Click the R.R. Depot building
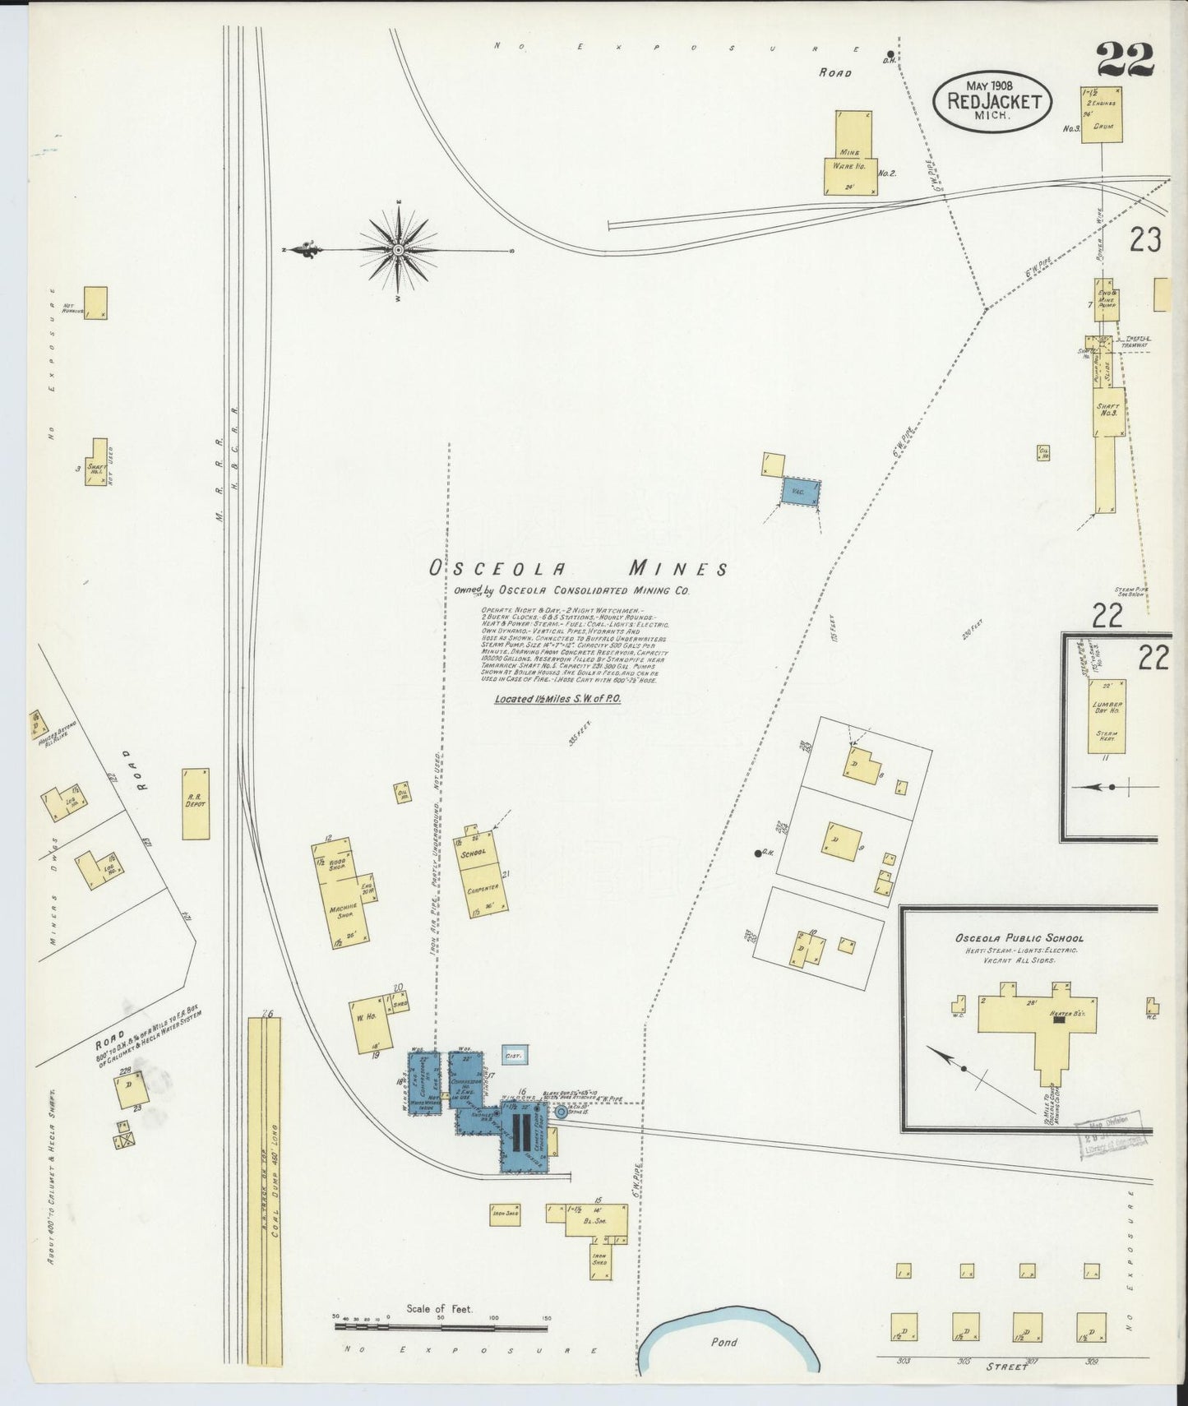[x=196, y=803]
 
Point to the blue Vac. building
[x=800, y=492]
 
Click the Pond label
[x=724, y=1342]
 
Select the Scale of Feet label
[x=439, y=1308]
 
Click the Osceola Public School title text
[x=1019, y=938]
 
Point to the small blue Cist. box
[x=515, y=1055]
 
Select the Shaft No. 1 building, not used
[x=96, y=465]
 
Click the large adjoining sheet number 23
[x=1144, y=240]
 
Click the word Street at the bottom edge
[x=1007, y=1367]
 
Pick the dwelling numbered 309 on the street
[x=1090, y=1326]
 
